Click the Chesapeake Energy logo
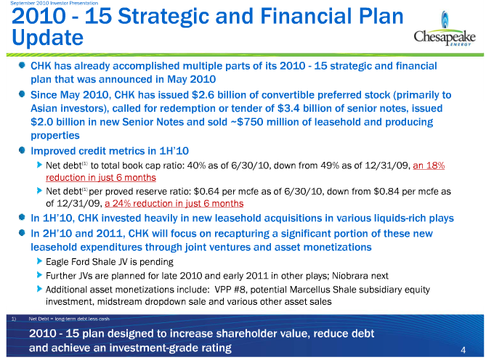point(445,29)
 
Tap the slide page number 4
point(463,350)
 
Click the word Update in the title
point(47,38)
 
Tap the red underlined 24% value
point(121,203)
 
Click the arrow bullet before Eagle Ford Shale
point(39,261)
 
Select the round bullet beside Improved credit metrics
point(22,150)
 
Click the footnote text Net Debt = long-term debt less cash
point(69,319)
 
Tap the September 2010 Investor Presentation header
point(54,3)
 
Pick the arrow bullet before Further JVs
point(39,275)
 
